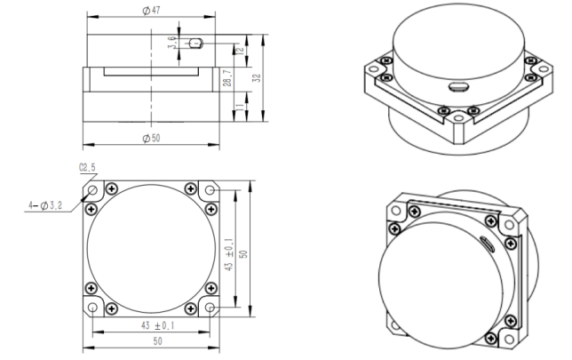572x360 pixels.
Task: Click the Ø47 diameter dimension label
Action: [151, 11]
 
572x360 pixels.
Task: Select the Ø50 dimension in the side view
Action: [151, 138]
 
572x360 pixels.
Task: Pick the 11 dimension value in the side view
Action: [240, 107]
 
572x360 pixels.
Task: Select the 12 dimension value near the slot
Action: [240, 51]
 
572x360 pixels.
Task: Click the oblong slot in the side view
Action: [197, 41]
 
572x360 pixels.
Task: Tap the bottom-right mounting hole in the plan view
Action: [210, 307]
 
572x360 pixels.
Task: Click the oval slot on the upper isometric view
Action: [460, 86]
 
